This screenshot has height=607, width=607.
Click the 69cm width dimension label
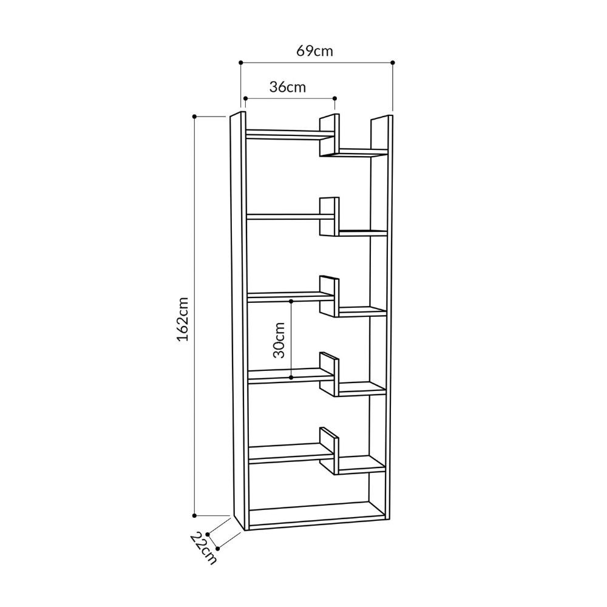(314, 51)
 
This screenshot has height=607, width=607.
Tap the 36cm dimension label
(288, 87)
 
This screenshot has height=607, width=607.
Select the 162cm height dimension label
(183, 319)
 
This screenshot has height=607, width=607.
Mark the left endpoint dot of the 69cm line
(241, 62)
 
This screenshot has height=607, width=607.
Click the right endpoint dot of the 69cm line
(393, 62)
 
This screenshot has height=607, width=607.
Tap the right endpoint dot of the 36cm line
(335, 98)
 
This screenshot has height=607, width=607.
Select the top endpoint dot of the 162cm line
(194, 116)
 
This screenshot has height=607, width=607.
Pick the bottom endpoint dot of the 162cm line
(194, 515)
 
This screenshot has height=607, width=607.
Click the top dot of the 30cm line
(291, 300)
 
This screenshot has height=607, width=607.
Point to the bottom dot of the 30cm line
(291, 378)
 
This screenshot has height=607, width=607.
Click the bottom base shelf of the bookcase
(317, 513)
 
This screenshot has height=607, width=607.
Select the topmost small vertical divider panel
(330, 135)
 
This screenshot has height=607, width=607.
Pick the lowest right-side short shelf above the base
(361, 464)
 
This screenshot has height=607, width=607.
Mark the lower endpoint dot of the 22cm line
(218, 548)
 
